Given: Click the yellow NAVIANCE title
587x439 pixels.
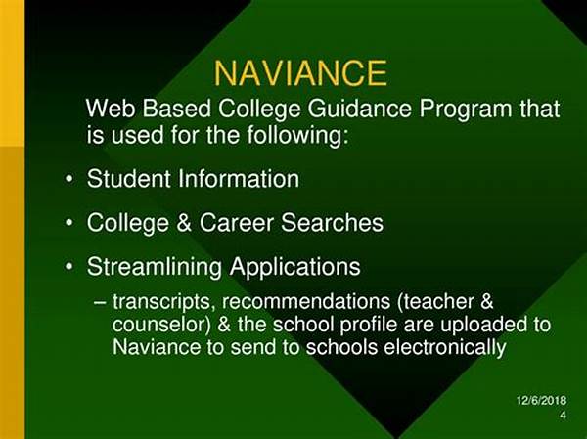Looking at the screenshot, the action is [300, 73].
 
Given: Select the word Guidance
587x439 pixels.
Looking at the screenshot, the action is [359, 110].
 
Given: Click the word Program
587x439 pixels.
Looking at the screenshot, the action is [466, 110].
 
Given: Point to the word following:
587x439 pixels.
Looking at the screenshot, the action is [298, 135].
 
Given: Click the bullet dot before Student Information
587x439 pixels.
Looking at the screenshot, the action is [68, 179].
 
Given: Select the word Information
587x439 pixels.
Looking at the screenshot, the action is [239, 179].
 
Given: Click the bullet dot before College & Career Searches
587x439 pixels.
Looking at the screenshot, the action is [68, 223].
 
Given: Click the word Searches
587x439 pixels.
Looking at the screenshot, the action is [332, 223].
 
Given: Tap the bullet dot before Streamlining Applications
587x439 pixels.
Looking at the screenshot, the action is [68, 267].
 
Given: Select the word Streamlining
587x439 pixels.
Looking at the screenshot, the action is [155, 268].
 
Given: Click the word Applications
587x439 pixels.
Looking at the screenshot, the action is [295, 268].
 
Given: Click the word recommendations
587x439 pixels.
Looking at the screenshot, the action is [306, 302].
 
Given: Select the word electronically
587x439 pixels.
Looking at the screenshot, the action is [445, 348].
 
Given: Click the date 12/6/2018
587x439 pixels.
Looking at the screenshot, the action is [541, 400].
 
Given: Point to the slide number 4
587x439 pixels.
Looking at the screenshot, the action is [564, 415].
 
